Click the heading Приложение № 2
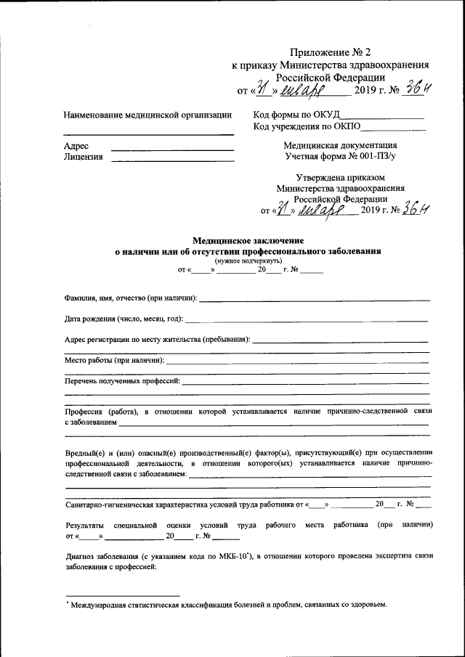tap(330, 52)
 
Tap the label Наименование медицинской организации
tap(147, 115)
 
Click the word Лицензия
tap(83, 156)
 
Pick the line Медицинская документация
tap(340, 144)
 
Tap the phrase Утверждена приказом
tap(340, 177)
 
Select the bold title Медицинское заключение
tap(248, 240)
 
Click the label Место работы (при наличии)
tap(114, 359)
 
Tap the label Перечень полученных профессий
tap(122, 380)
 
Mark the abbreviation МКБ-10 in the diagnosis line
tap(237, 556)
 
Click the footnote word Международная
tap(102, 605)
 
